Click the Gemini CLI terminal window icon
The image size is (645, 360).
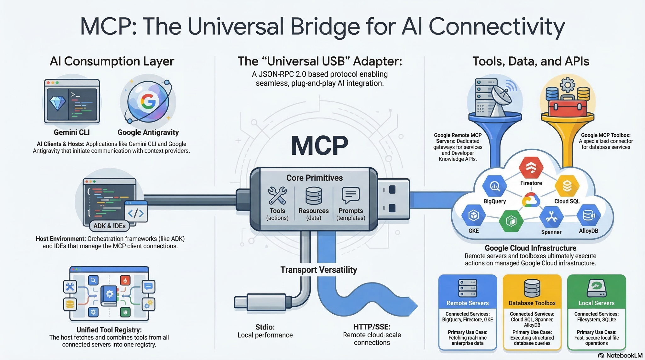coord(72,101)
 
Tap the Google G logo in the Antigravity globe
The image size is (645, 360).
coord(148,101)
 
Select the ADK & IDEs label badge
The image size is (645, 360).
coord(109,226)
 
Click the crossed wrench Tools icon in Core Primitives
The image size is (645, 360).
coord(277,195)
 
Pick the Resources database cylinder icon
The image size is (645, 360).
coord(314,196)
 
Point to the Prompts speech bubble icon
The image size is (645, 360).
coord(351,195)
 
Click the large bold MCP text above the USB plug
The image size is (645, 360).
coord(319,146)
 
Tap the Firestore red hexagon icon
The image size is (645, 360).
coord(531,167)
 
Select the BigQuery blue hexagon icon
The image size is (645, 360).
coord(494,186)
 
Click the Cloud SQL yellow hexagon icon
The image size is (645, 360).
coord(567,186)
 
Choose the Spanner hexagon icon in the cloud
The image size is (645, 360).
coord(551,217)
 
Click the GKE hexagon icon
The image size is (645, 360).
coord(473,216)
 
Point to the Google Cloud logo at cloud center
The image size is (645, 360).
coord(531,200)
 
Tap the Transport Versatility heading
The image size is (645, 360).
coord(319,270)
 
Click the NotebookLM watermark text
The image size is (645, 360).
coord(624,356)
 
